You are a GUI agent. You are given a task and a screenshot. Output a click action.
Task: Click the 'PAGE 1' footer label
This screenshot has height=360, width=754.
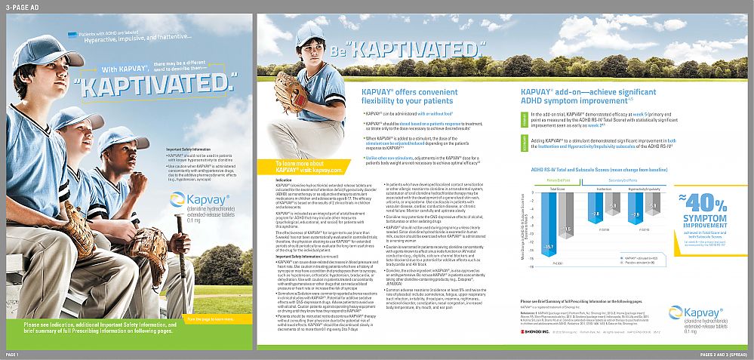coord(12,354)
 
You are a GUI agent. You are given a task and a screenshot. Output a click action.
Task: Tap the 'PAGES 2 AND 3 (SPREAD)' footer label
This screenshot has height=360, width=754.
coord(724,354)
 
